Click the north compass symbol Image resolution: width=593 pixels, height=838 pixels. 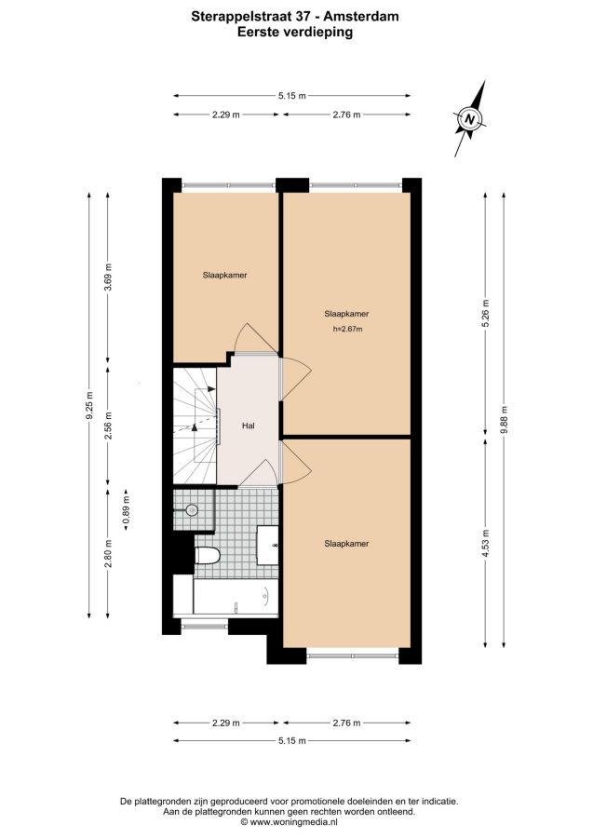[x=469, y=119]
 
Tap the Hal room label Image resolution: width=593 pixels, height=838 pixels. [x=248, y=426]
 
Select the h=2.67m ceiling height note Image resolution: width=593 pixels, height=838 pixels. [x=347, y=330]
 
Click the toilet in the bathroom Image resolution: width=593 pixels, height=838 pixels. [x=208, y=556]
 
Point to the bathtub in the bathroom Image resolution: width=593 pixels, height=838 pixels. [x=236, y=597]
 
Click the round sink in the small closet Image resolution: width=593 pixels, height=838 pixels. [x=191, y=510]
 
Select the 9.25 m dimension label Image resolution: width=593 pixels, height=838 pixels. [x=89, y=406]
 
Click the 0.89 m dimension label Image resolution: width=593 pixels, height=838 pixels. [x=127, y=510]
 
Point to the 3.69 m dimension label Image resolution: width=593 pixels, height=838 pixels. [x=108, y=277]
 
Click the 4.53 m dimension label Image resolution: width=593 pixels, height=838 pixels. [x=485, y=543]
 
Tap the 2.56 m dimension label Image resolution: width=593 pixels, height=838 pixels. [x=108, y=426]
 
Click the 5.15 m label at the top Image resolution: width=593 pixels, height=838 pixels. [x=292, y=96]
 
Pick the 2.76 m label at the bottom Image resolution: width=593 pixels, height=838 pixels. [x=346, y=723]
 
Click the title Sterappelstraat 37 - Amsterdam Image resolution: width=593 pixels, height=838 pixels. [x=295, y=17]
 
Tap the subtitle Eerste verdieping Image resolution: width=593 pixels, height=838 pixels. [x=295, y=32]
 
